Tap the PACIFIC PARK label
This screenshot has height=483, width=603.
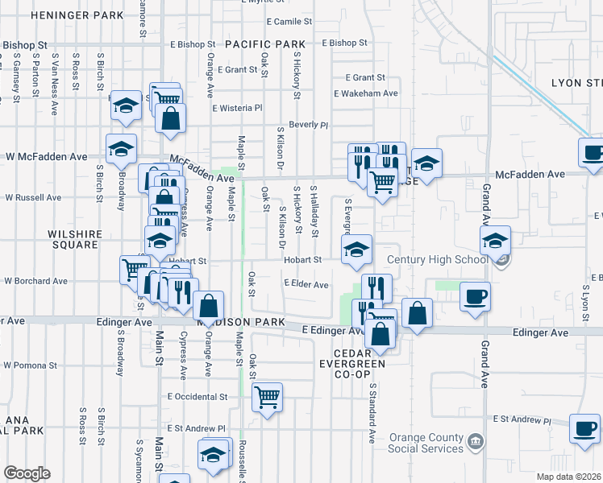click(x=265, y=43)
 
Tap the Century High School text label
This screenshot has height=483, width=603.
click(x=438, y=259)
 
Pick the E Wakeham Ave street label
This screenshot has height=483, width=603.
click(x=366, y=93)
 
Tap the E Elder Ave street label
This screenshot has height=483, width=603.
click(x=306, y=284)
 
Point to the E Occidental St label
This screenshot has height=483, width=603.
click(x=198, y=397)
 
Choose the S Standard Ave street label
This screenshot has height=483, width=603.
click(x=373, y=413)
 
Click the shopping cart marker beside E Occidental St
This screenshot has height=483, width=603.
click(x=267, y=396)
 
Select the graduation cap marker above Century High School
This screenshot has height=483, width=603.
click(x=496, y=240)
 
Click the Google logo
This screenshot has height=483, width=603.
click(x=27, y=473)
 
